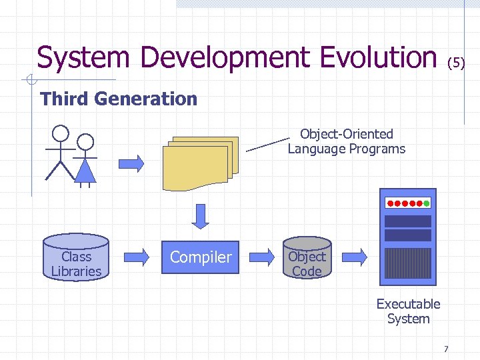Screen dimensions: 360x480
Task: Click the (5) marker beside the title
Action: (455, 63)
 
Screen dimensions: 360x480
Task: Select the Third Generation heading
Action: (119, 99)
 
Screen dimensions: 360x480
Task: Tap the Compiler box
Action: (201, 257)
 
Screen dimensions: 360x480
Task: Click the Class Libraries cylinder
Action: (76, 257)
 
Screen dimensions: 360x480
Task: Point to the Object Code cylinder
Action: (307, 257)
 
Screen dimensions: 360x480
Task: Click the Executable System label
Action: (408, 311)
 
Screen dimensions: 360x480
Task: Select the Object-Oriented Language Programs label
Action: (347, 141)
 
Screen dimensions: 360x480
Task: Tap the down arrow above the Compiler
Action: (201, 215)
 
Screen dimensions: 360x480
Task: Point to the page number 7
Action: (446, 349)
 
